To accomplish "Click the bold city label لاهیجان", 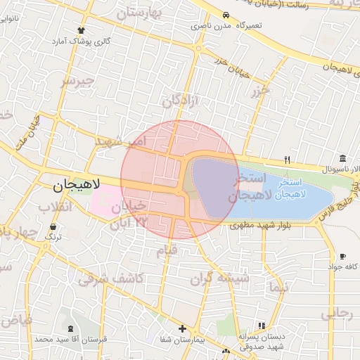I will coord(77,185).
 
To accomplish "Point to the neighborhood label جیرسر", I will coord(77,82).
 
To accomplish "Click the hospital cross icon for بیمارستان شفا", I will coord(182,328).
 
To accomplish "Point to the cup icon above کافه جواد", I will coord(342,257).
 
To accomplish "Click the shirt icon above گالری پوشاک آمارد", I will coord(81,30).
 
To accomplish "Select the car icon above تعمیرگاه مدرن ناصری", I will coord(224,15).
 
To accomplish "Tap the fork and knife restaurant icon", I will coord(287,159).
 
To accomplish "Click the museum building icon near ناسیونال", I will coord(342,157).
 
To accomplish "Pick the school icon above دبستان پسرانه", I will coord(262,326).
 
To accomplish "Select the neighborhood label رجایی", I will coord(335,314).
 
